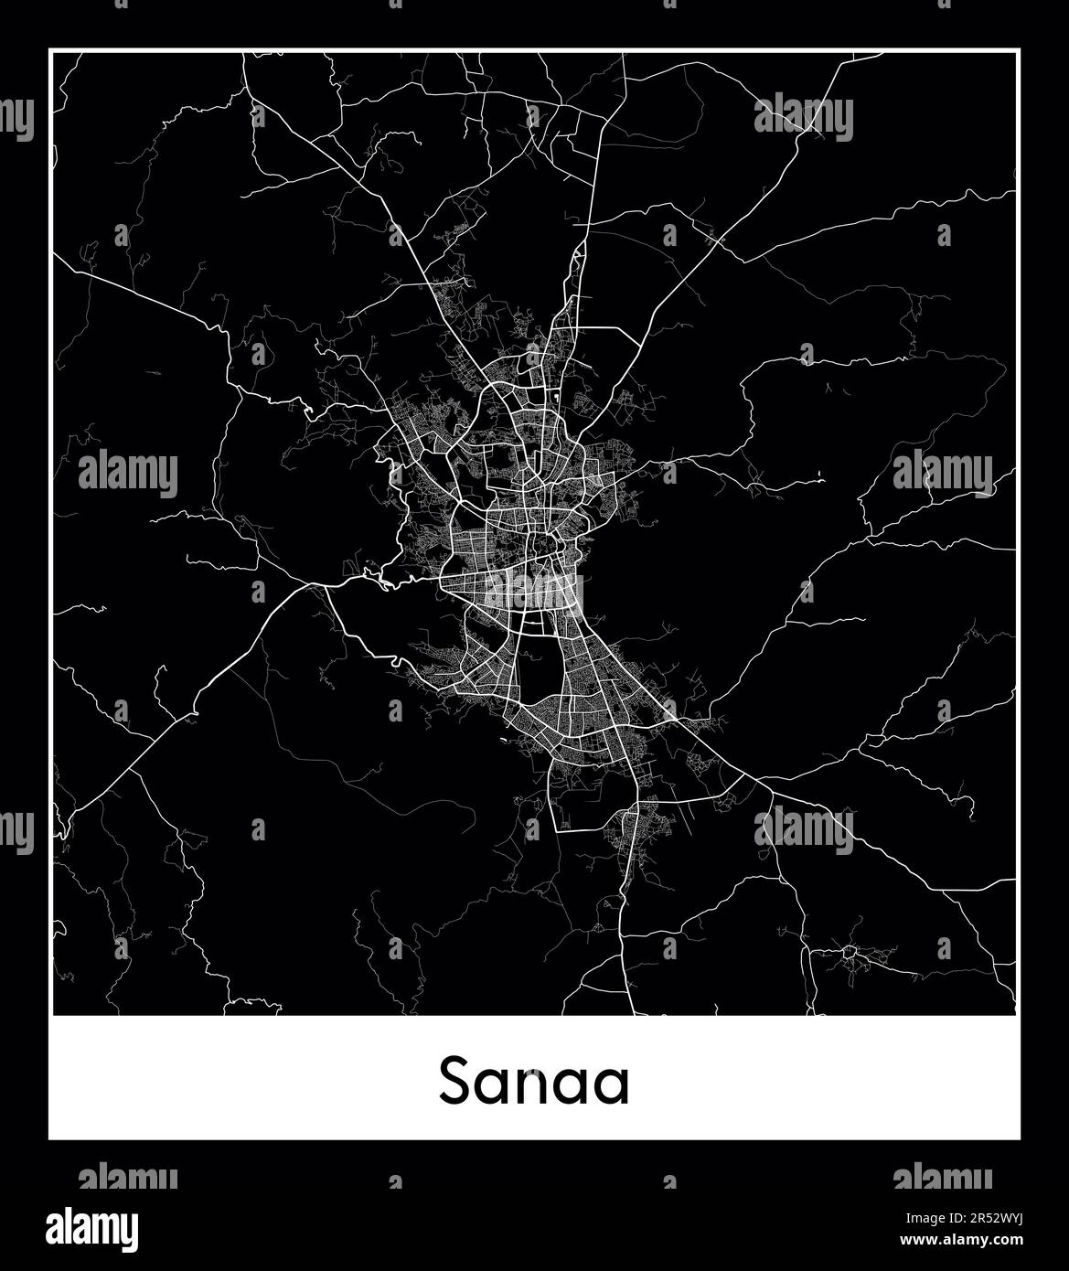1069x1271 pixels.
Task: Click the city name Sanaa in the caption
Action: click(x=534, y=1082)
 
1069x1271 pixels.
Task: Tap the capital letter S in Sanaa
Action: click(x=455, y=1082)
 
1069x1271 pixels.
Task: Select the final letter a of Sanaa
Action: click(x=613, y=1086)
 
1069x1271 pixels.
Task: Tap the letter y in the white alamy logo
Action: click(x=128, y=1231)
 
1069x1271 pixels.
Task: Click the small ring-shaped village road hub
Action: click(x=849, y=952)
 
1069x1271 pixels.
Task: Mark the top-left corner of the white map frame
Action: click(x=50, y=51)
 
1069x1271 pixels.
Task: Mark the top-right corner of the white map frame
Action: click(x=1019, y=51)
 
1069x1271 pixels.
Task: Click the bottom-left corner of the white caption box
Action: click(x=50, y=1138)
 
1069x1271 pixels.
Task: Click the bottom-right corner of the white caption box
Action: click(x=1019, y=1138)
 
